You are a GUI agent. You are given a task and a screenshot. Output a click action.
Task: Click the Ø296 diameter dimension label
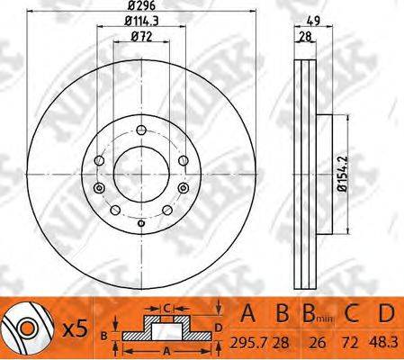[141, 5]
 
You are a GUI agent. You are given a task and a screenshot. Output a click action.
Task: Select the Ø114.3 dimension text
[141, 21]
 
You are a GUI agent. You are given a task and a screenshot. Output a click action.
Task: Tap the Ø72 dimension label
[141, 37]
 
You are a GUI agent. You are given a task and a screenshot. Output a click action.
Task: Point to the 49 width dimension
[314, 21]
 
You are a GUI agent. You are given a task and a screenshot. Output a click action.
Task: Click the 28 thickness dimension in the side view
[305, 37]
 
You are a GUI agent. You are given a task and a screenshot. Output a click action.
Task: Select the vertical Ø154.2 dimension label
[342, 174]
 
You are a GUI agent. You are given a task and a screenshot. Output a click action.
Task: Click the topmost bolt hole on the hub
[141, 130]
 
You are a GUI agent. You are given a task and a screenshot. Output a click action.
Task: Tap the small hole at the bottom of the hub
[141, 223]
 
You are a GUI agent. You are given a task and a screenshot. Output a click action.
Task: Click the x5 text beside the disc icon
[76, 328]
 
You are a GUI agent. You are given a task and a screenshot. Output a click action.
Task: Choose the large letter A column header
[247, 313]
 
